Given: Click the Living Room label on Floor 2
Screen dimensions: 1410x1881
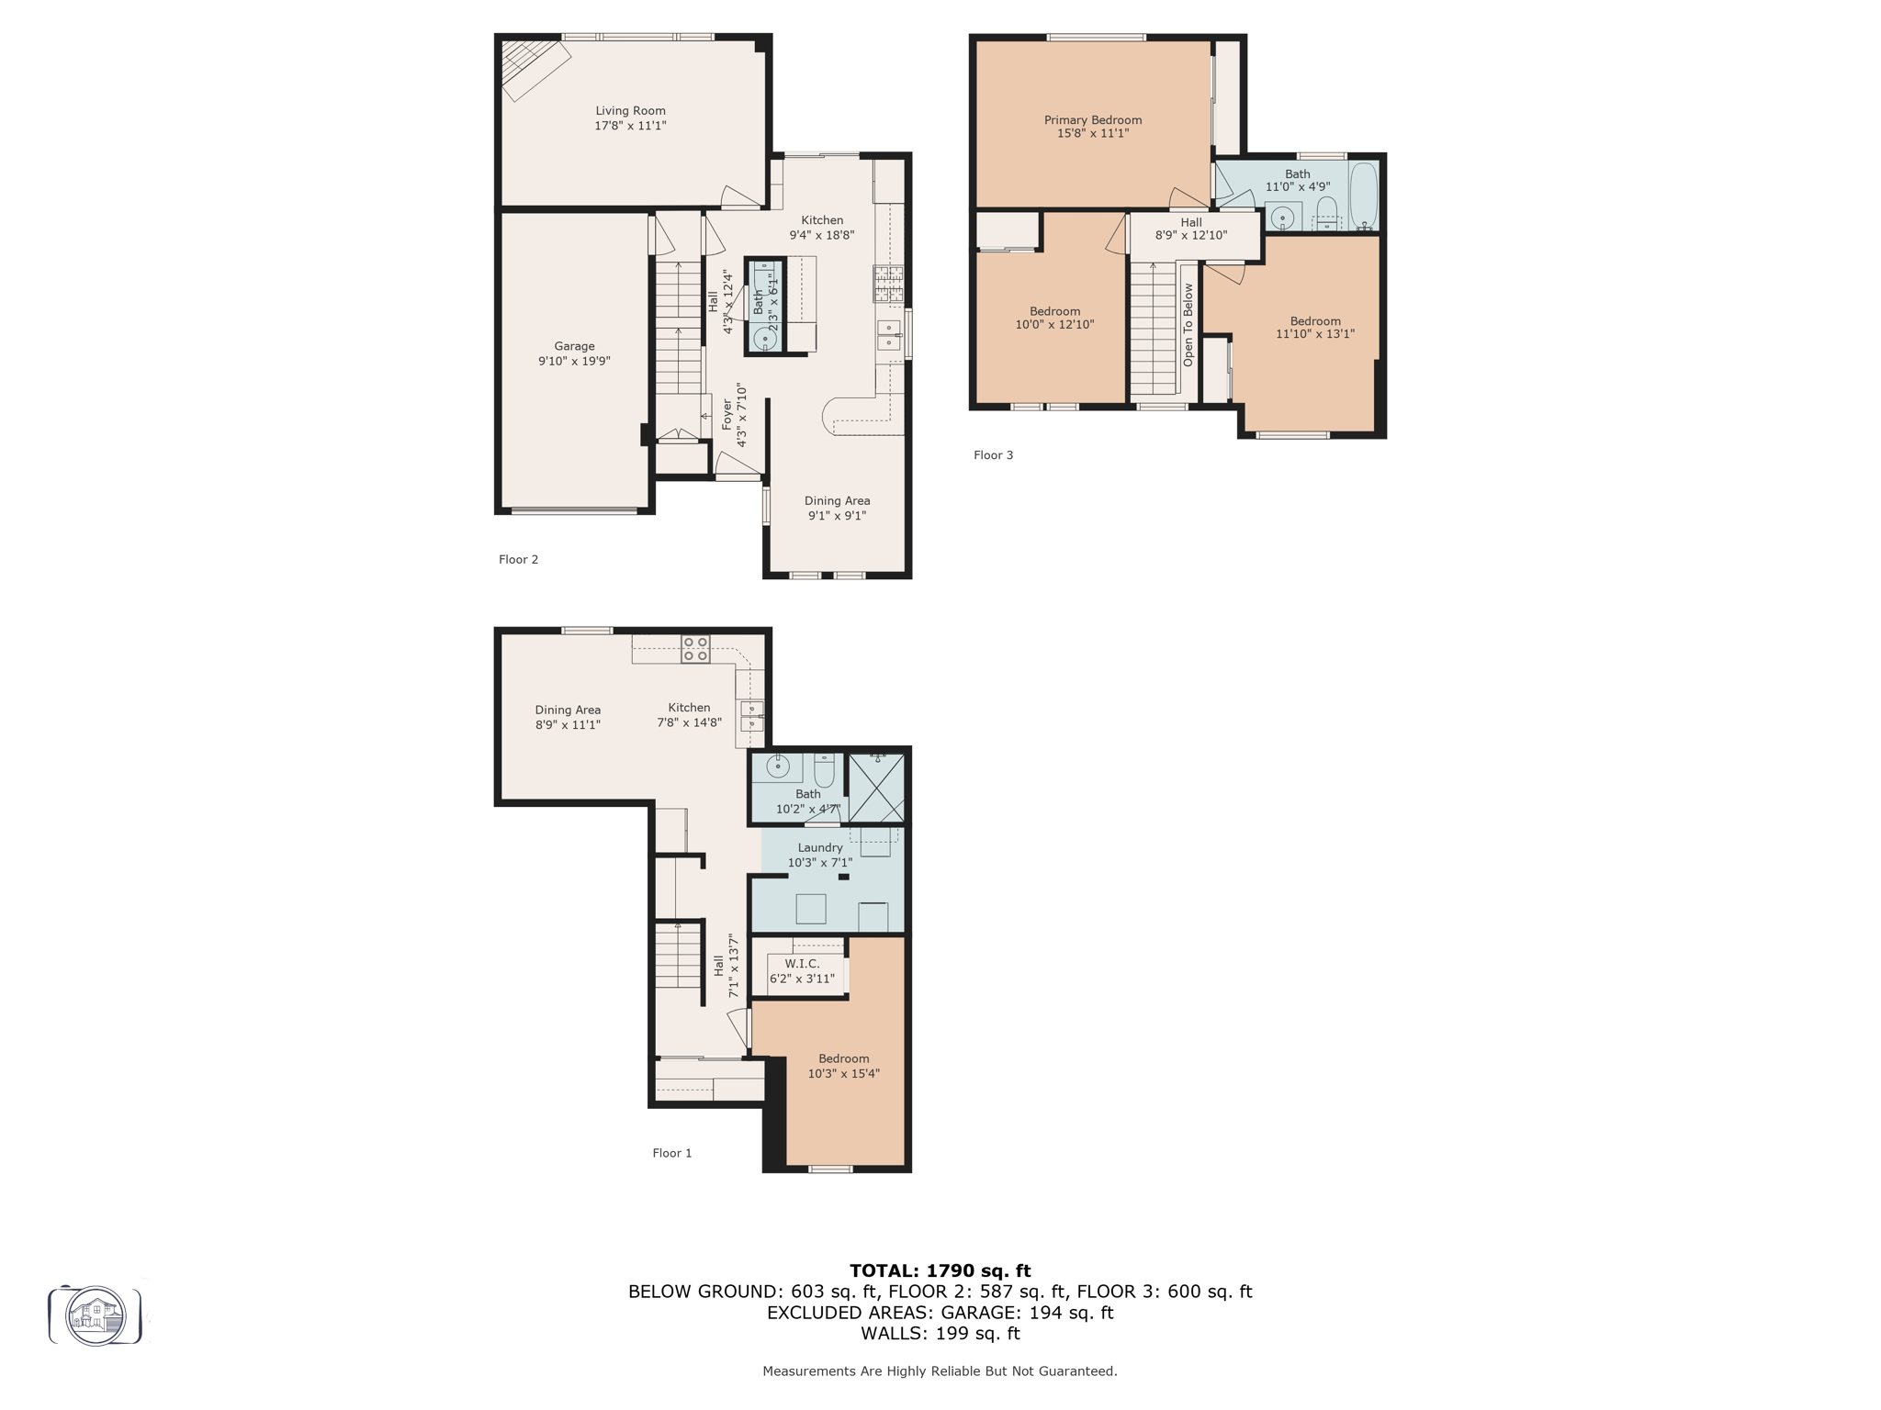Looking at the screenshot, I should pyautogui.click(x=630, y=111).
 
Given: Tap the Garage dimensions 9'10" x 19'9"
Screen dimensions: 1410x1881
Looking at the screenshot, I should pyautogui.click(x=574, y=362).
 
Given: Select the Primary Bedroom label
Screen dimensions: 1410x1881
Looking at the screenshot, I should pyautogui.click(x=1092, y=120).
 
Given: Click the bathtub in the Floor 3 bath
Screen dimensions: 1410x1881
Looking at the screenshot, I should pyautogui.click(x=1363, y=195).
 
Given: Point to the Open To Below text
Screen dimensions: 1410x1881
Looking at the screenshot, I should pyautogui.click(x=1188, y=325).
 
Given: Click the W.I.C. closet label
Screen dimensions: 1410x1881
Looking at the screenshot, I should pyautogui.click(x=802, y=964).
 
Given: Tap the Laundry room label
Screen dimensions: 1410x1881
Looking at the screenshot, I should pyautogui.click(x=819, y=848).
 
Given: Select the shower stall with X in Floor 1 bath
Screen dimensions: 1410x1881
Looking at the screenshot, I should pyautogui.click(x=875, y=788).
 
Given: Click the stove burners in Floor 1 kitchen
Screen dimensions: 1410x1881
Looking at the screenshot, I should pyautogui.click(x=695, y=649).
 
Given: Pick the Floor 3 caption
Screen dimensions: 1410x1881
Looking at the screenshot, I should pyautogui.click(x=993, y=455).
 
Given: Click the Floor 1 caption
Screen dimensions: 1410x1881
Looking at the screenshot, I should pyautogui.click(x=671, y=1153).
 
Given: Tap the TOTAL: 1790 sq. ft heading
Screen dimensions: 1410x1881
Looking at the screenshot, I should pyautogui.click(x=940, y=1270).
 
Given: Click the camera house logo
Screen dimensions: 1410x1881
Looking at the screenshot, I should pyautogui.click(x=96, y=1316).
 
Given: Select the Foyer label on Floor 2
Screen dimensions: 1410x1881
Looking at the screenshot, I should pyautogui.click(x=727, y=415).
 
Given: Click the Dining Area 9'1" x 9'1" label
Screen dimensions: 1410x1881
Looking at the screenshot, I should pyautogui.click(x=837, y=509).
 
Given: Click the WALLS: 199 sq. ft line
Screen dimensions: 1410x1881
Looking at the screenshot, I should pyautogui.click(x=940, y=1334).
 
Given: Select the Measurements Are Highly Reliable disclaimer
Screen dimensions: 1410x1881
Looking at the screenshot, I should pyautogui.click(x=940, y=1371).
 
